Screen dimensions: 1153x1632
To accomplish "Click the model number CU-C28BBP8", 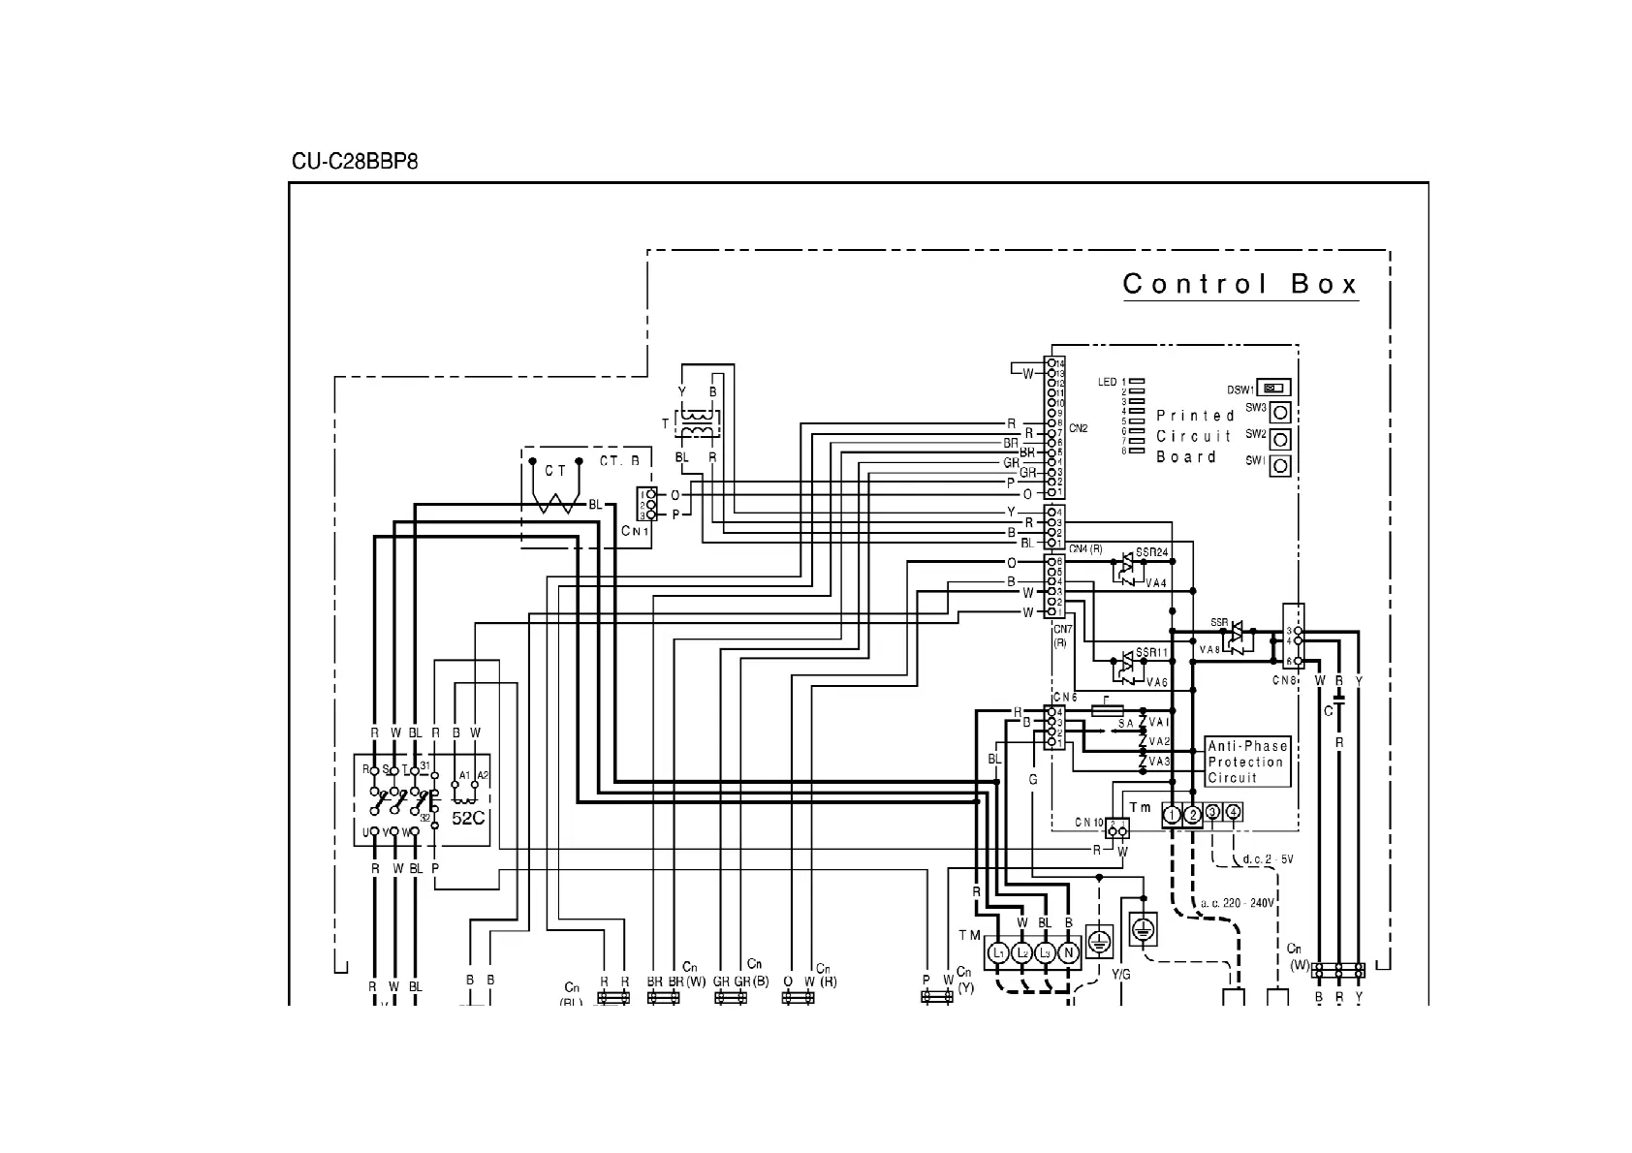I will [355, 162].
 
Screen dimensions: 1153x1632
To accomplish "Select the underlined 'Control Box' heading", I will [1240, 284].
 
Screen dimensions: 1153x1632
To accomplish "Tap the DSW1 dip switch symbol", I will [1273, 389].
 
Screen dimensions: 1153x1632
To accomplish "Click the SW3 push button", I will [1280, 413].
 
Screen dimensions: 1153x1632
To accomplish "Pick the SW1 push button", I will [1280, 466].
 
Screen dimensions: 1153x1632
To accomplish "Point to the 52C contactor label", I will [468, 818].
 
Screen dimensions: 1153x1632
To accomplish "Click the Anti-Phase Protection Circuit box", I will [1247, 762].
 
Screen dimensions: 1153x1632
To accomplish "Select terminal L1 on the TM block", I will [999, 953].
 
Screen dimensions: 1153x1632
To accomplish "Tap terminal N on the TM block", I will [1068, 953].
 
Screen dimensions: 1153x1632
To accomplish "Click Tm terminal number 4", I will [1234, 812].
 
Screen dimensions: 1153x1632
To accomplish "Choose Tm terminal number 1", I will [1173, 815].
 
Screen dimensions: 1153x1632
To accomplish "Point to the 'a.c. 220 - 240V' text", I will [1237, 903].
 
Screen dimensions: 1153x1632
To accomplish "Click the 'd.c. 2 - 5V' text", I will [1268, 859].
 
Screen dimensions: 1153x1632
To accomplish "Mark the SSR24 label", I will [1152, 551].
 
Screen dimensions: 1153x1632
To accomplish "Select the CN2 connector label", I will [1079, 427].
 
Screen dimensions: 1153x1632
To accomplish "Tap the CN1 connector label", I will [635, 531].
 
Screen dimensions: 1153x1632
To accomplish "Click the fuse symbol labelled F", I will [1107, 710].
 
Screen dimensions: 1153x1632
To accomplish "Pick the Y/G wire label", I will [1120, 975].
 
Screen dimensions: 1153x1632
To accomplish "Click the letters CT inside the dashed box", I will [555, 472].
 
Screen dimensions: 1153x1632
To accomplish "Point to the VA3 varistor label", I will [1159, 762].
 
